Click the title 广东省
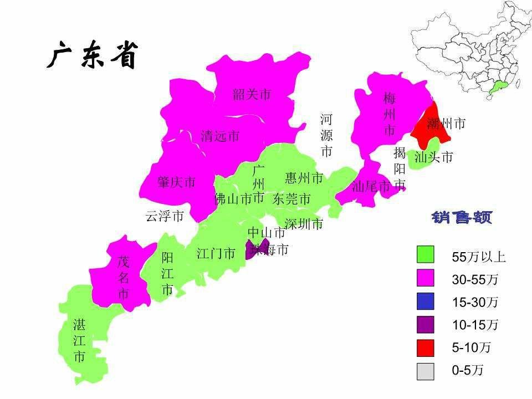(92, 56)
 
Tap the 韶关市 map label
(252, 95)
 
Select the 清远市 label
(220, 136)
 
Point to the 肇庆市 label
(177, 182)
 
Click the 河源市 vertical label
(326, 135)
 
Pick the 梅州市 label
(390, 114)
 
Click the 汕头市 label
(434, 157)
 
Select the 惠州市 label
(304, 178)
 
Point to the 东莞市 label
(291, 199)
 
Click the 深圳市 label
(304, 224)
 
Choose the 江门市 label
(216, 254)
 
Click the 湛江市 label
(79, 340)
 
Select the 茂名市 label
(123, 278)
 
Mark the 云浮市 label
(165, 217)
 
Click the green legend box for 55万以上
(426, 255)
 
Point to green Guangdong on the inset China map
(500, 85)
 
